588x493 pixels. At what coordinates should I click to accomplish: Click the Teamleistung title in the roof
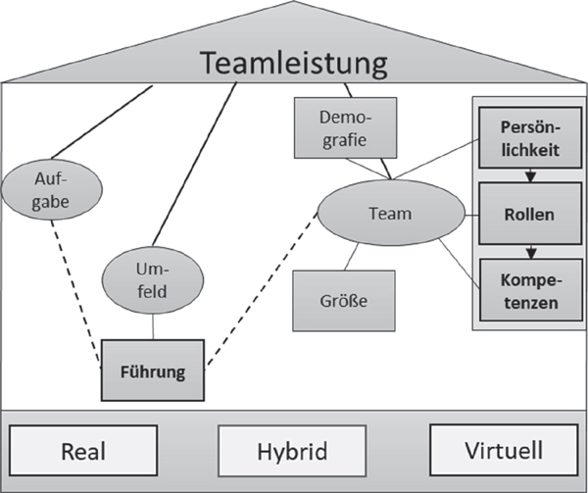pos(294,64)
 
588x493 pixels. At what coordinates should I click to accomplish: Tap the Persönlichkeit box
pos(529,137)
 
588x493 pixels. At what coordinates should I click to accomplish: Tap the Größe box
pos(344,301)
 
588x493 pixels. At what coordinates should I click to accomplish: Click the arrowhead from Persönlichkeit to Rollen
pos(530,177)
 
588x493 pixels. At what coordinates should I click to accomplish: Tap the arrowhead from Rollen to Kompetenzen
pos(530,250)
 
